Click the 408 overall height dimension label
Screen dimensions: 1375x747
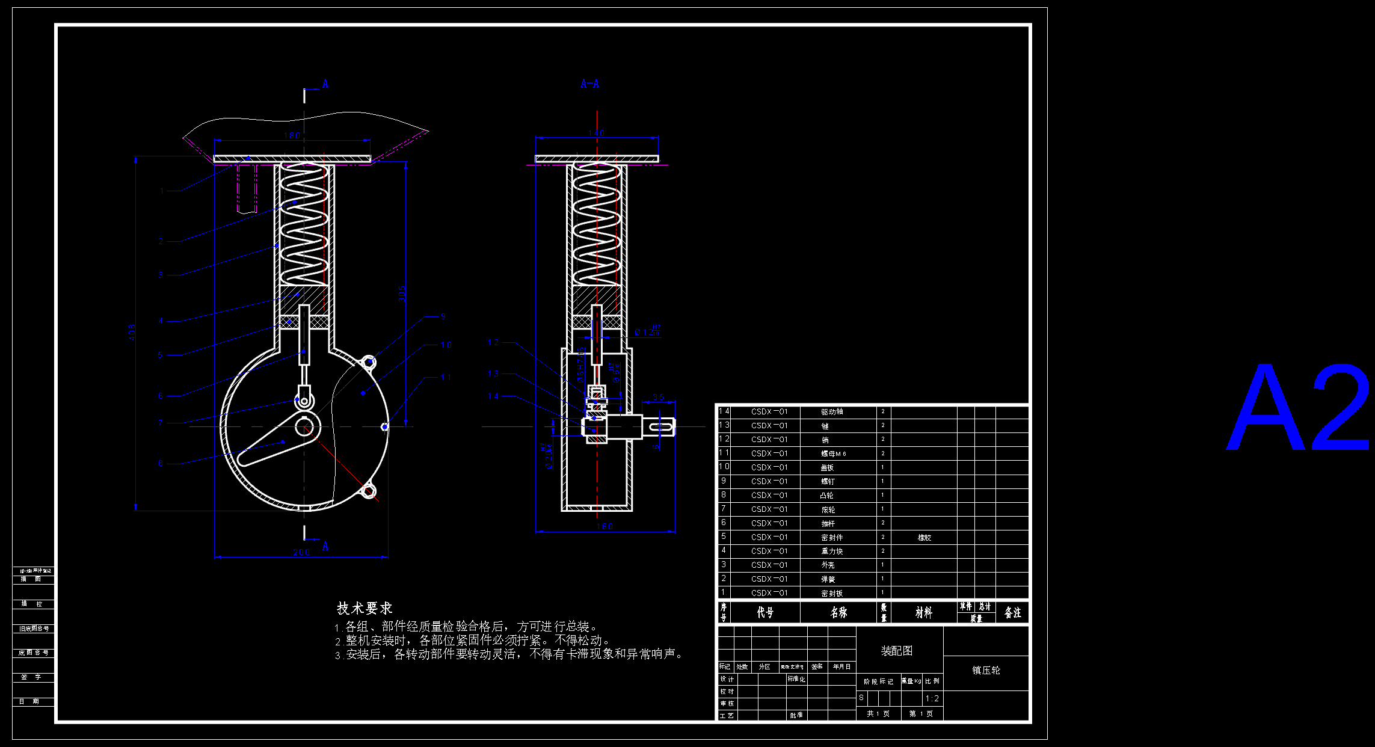(132, 332)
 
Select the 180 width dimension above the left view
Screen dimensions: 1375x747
(292, 135)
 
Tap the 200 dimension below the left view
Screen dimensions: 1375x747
(301, 552)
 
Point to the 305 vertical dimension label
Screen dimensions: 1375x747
(402, 293)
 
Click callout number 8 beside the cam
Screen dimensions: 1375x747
(161, 463)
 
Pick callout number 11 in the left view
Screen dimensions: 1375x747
(446, 377)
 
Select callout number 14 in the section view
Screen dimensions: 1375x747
(493, 396)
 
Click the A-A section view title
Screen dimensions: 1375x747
(589, 84)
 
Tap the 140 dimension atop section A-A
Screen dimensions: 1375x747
(596, 133)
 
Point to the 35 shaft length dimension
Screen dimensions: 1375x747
(659, 398)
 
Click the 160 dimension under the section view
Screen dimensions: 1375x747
(604, 526)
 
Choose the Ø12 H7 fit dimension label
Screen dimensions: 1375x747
(647, 331)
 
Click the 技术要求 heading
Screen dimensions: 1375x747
(365, 608)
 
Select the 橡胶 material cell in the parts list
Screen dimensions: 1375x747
(924, 537)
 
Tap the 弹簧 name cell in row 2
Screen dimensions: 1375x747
(828, 579)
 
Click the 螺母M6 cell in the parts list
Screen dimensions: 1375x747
(834, 453)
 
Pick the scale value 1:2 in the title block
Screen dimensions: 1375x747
(932, 698)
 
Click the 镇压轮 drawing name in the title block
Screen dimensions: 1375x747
(986, 670)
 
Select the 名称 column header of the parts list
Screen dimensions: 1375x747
(838, 612)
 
